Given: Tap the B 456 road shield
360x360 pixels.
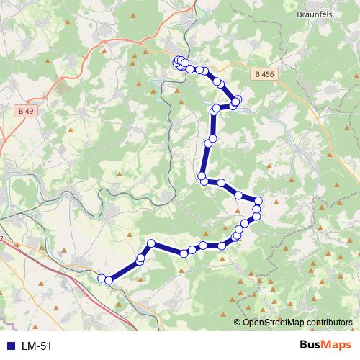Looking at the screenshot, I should [x=264, y=73].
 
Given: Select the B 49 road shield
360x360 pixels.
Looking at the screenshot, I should [x=25, y=111].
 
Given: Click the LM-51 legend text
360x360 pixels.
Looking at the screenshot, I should [x=37, y=346].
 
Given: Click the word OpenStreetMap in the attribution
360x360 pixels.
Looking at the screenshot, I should [x=272, y=322].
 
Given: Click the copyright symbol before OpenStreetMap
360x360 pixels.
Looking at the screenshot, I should [x=238, y=322].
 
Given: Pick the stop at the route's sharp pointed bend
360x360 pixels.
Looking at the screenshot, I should [x=151, y=243].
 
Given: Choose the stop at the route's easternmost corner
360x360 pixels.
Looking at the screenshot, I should [x=258, y=201].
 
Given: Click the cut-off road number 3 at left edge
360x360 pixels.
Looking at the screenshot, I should [x=1, y=238].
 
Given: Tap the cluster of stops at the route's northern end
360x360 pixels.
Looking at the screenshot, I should [x=180, y=63].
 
